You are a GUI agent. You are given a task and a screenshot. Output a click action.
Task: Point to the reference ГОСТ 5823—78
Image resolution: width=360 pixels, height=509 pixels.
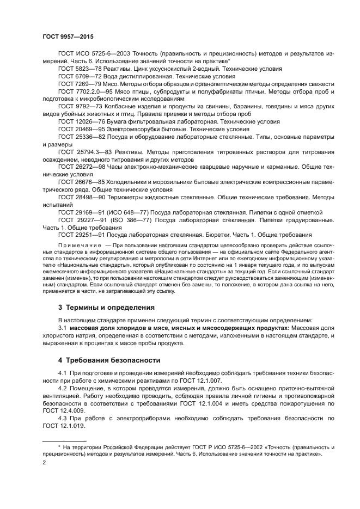point(80,69)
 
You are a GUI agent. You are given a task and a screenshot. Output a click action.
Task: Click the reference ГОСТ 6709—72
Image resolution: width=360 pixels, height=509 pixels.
point(80,77)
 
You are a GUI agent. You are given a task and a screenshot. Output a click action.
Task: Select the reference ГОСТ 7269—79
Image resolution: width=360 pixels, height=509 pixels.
point(80,84)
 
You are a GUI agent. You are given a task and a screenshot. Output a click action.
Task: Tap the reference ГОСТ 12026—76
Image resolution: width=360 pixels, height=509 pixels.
point(82,122)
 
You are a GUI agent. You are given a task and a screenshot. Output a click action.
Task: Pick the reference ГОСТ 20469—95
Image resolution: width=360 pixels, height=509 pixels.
point(82,130)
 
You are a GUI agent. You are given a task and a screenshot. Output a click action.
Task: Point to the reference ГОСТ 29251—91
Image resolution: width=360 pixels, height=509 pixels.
point(82,235)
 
